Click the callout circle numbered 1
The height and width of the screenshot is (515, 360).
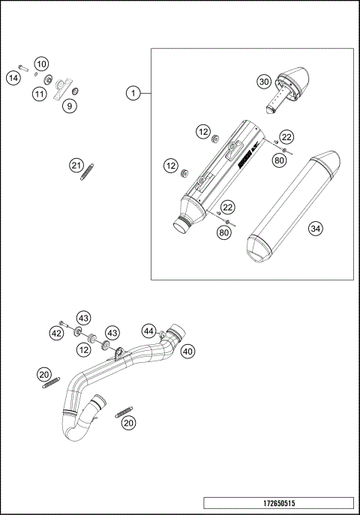tap(133, 93)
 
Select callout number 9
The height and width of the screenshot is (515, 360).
tap(69, 106)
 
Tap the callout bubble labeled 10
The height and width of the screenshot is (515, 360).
tap(40, 64)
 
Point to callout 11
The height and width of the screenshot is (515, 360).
tap(38, 94)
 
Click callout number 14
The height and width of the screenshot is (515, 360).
tap(13, 78)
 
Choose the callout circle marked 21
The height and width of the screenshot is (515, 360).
tap(76, 165)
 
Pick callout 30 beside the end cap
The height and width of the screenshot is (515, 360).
tap(263, 81)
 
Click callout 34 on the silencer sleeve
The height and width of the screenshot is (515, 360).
tap(316, 229)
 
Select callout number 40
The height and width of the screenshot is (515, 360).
tap(187, 350)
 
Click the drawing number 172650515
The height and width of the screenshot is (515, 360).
tap(277, 503)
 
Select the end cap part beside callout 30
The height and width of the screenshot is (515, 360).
tap(295, 85)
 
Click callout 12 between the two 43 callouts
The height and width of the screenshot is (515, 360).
tap(84, 350)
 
